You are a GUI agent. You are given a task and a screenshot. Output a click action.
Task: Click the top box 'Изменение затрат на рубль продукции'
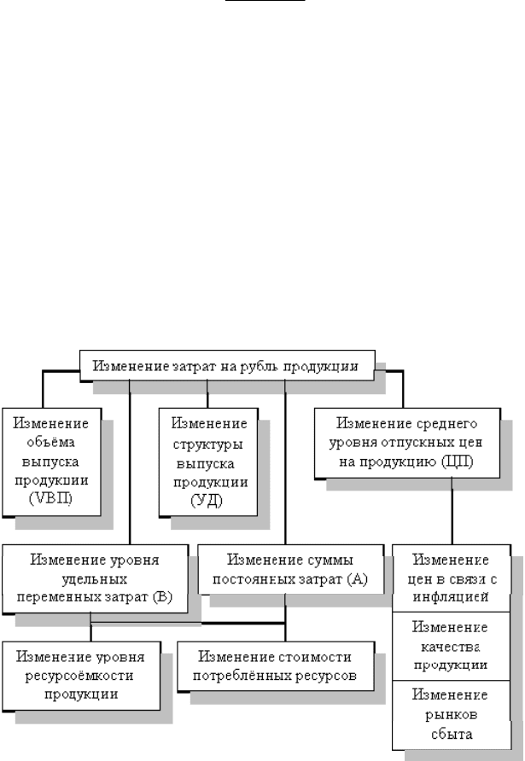[x=227, y=365]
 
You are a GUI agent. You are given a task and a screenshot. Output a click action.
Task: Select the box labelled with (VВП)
[x=51, y=462]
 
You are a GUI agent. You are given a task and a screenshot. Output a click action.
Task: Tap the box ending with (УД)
[x=208, y=462]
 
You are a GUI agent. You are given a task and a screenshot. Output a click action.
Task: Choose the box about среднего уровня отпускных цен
[x=407, y=443]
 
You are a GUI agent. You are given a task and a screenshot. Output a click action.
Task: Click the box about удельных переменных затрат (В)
[x=95, y=578]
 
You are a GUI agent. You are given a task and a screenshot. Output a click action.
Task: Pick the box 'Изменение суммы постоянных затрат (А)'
[x=290, y=569]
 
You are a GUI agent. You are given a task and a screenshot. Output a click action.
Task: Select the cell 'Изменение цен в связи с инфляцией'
[x=452, y=578]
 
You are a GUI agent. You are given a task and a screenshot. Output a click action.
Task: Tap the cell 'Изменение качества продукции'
[x=452, y=646]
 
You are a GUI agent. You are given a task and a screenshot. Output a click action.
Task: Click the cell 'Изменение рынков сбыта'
[x=452, y=715]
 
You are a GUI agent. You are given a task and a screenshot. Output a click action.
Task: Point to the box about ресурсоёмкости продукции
[x=81, y=676]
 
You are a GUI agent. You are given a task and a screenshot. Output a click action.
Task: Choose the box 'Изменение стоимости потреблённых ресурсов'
[x=276, y=665]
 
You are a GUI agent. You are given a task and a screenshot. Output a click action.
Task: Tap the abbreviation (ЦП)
[x=457, y=462]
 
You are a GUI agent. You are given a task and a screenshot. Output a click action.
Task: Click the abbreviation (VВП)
[x=50, y=498]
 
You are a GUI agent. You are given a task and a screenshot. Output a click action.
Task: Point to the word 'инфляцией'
[x=451, y=596]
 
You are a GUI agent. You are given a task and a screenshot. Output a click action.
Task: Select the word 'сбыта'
[x=452, y=734]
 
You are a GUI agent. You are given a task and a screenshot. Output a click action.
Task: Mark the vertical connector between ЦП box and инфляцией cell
[x=452, y=512]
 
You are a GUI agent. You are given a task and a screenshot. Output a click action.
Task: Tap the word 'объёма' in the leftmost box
[x=51, y=442]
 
